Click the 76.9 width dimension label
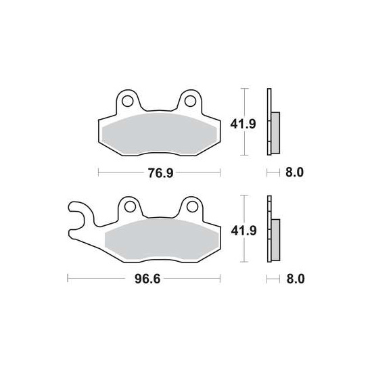pyautogui.click(x=160, y=172)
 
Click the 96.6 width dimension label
pyautogui.click(x=147, y=279)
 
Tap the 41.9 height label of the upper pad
pyautogui.click(x=243, y=124)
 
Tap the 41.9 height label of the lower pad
pyautogui.click(x=243, y=231)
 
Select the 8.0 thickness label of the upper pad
pyautogui.click(x=294, y=172)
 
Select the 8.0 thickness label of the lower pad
pyautogui.click(x=296, y=279)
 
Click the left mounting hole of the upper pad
pyautogui.click(x=127, y=101)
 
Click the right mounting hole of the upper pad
pyautogui.click(x=190, y=101)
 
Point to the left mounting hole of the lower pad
pyautogui.click(x=130, y=207)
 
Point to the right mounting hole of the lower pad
pyautogui.click(x=192, y=207)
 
